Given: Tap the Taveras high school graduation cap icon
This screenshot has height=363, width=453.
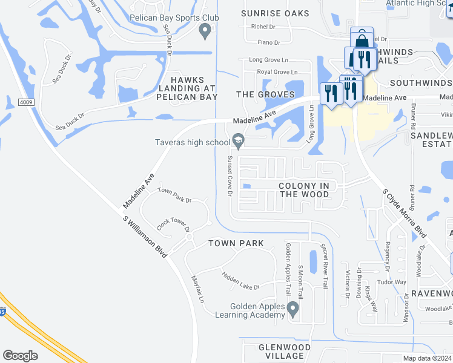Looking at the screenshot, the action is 239,142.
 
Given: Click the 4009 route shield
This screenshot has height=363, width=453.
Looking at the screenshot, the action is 26,102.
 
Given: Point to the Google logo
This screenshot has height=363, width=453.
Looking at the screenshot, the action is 20,355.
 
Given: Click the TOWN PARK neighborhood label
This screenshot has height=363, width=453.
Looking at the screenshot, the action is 236,243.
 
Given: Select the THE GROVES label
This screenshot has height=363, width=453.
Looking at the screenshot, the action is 265,94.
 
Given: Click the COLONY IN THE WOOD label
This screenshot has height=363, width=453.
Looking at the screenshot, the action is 304,190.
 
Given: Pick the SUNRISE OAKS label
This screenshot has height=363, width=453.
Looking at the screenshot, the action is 275,13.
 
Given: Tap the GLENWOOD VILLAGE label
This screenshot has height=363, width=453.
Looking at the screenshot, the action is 285,352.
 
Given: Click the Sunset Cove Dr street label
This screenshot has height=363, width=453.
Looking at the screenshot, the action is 230,176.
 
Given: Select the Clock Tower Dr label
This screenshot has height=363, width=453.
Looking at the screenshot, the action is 173,225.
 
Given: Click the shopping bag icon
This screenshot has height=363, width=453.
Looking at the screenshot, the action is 362,40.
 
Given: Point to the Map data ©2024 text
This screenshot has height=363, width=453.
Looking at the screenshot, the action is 427,358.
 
